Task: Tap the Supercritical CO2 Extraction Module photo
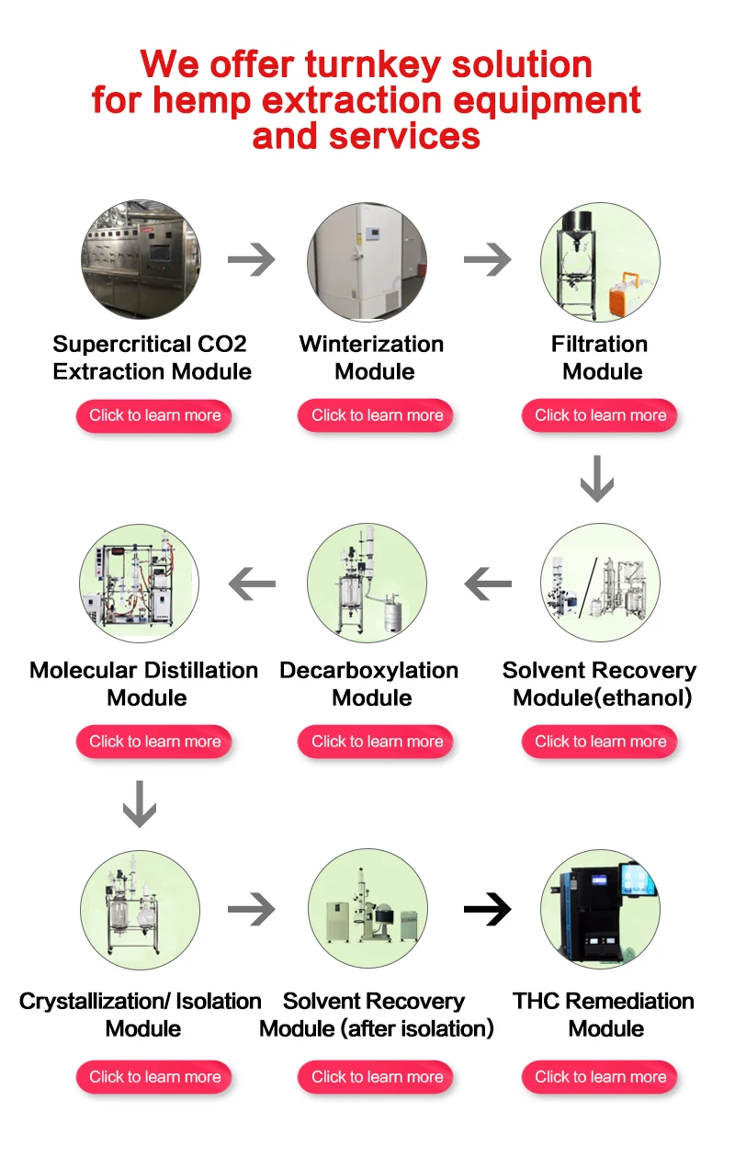(141, 260)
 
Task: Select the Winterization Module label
(372, 357)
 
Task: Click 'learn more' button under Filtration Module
(600, 415)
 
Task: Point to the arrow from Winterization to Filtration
(487, 260)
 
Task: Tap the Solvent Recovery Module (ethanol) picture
(600, 583)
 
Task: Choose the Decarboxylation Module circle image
(367, 583)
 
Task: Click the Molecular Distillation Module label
(144, 684)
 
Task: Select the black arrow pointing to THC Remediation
(487, 910)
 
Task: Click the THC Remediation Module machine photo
(600, 910)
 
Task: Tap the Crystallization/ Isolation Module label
(141, 1015)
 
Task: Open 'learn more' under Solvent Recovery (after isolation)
(377, 1077)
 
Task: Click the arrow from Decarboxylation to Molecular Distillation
(252, 583)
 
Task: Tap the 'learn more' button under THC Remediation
(600, 1077)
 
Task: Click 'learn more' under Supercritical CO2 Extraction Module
(154, 415)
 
